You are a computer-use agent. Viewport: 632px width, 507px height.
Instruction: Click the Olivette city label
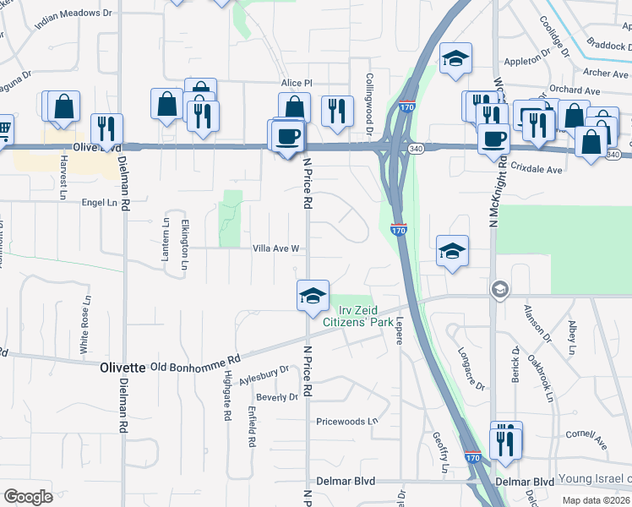coord(123,368)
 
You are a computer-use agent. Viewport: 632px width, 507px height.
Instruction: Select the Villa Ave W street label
coord(276,248)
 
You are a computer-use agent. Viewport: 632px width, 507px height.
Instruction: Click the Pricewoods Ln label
coord(346,421)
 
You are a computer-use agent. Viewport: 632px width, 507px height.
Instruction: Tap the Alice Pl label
coord(297,84)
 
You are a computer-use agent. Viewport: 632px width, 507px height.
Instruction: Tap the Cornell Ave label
coord(587,438)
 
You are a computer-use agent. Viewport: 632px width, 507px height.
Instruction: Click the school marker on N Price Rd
coord(313,296)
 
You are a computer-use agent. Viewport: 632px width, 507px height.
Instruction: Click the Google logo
coord(29,496)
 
